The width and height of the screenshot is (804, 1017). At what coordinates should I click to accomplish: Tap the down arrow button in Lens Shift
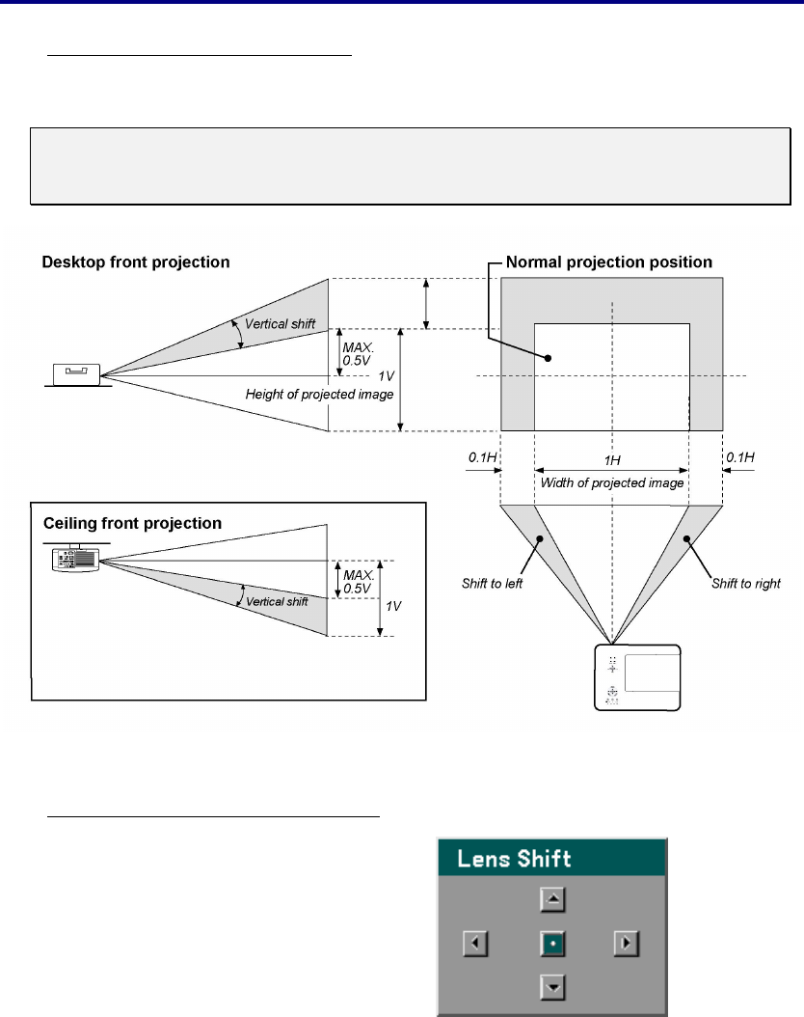552,986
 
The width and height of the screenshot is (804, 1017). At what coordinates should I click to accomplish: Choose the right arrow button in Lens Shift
628,943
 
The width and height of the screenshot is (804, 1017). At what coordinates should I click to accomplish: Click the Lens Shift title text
515,858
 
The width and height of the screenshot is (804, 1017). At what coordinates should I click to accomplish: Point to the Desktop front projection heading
136,262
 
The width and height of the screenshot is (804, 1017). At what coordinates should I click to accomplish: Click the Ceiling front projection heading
133,524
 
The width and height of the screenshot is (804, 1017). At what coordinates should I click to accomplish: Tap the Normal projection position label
609,262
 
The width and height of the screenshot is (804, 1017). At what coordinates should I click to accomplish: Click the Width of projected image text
611,482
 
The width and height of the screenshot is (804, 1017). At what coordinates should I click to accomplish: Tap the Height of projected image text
319,394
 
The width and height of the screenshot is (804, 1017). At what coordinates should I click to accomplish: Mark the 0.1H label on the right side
740,455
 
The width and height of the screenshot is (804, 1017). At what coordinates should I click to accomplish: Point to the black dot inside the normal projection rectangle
549,357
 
